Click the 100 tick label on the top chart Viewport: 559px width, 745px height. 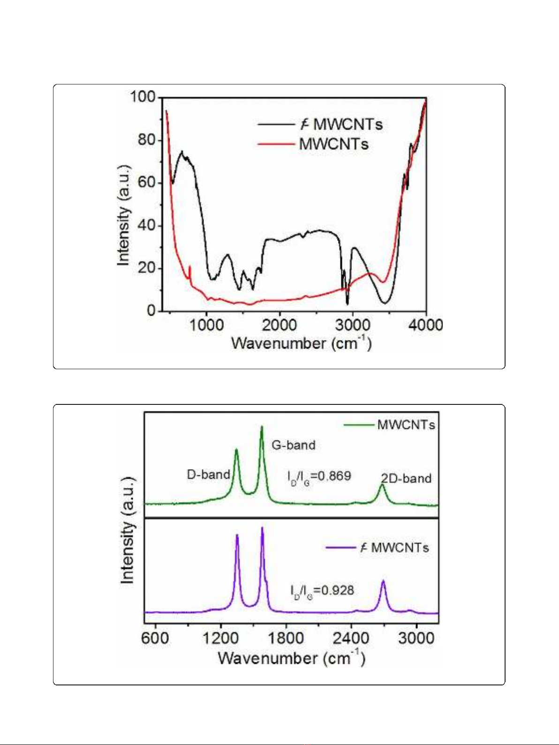[x=143, y=97]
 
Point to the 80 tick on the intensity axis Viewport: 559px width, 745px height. [x=146, y=140]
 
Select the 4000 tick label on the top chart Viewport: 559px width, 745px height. [x=425, y=325]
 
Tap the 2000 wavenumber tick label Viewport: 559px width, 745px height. [x=279, y=325]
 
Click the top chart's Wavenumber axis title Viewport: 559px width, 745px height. [x=302, y=343]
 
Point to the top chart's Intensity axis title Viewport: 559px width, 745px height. [x=123, y=215]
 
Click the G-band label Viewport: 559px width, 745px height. [x=294, y=445]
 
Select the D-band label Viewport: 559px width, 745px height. [x=208, y=475]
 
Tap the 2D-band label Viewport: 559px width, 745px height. [x=406, y=479]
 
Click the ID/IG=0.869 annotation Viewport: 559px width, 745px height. [x=319, y=477]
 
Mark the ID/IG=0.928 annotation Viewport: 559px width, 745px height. [x=322, y=591]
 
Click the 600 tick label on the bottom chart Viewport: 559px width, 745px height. [x=155, y=639]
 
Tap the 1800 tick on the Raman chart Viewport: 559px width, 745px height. [x=286, y=639]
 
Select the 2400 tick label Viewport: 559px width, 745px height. [x=351, y=639]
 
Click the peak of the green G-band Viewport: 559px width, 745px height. [x=262, y=426]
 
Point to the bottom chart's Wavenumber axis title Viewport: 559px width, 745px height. [x=291, y=658]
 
